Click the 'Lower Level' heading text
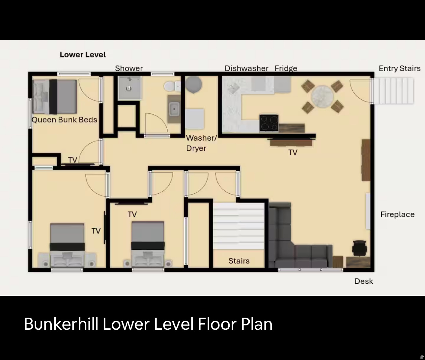click(x=83, y=55)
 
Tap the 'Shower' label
click(x=129, y=68)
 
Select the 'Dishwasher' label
click(x=246, y=68)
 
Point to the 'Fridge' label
click(x=286, y=68)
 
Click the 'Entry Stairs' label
click(x=400, y=68)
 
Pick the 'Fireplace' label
click(x=397, y=214)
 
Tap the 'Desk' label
click(x=364, y=281)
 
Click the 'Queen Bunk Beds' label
click(x=64, y=120)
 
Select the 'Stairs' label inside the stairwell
click(x=239, y=261)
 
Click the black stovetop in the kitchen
click(x=269, y=123)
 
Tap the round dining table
click(x=323, y=96)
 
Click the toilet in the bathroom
click(x=170, y=87)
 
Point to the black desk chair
click(x=359, y=248)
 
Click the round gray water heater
click(x=193, y=84)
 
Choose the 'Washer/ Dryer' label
click(x=201, y=143)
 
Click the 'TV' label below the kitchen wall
click(x=293, y=152)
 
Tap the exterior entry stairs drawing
click(x=393, y=91)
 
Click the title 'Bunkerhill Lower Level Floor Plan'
click(x=148, y=324)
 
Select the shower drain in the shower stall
click(x=129, y=88)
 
